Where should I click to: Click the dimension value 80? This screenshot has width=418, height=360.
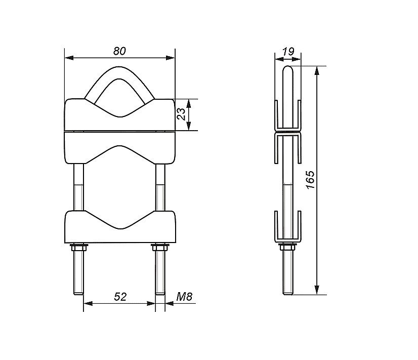(x=119, y=51)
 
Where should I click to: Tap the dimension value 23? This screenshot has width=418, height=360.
(x=181, y=114)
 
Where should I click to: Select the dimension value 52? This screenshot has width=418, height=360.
(x=120, y=297)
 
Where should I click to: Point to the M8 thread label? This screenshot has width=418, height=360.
(x=184, y=296)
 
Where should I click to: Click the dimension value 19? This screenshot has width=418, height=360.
(x=288, y=52)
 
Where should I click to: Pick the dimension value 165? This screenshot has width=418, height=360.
(x=311, y=180)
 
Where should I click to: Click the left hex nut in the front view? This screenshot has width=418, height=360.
(x=78, y=248)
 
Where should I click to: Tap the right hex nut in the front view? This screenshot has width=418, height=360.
(x=160, y=248)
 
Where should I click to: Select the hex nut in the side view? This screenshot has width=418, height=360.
(x=287, y=247)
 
